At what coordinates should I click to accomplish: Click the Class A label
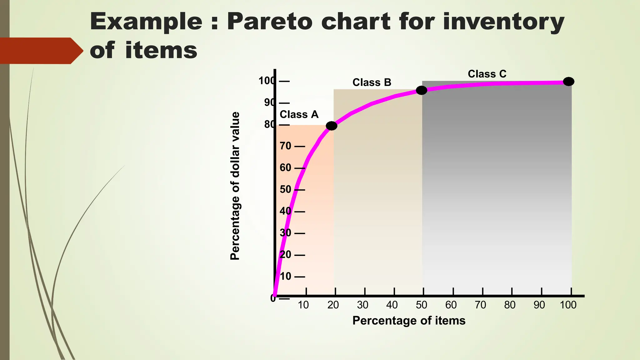point(299,114)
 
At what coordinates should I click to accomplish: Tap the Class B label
point(372,82)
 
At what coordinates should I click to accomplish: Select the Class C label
point(487,74)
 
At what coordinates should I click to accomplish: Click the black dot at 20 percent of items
point(332,126)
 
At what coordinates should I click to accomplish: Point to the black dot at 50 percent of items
point(421,91)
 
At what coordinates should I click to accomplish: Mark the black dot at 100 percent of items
point(568,82)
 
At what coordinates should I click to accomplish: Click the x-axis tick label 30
point(362,305)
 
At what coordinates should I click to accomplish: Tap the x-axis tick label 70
point(480,305)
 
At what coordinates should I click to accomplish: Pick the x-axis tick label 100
point(568,305)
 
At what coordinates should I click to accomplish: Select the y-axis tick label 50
point(285,189)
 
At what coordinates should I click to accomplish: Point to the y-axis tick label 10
point(285,276)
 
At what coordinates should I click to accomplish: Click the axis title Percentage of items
point(409,321)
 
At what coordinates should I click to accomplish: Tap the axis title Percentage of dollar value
point(235,186)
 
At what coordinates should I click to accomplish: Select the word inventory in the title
point(503,22)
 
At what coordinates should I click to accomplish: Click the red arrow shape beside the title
point(41,51)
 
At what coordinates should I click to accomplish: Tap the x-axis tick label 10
point(303,305)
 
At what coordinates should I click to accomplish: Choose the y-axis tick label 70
point(285,146)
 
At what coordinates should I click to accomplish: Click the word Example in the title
point(146,22)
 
